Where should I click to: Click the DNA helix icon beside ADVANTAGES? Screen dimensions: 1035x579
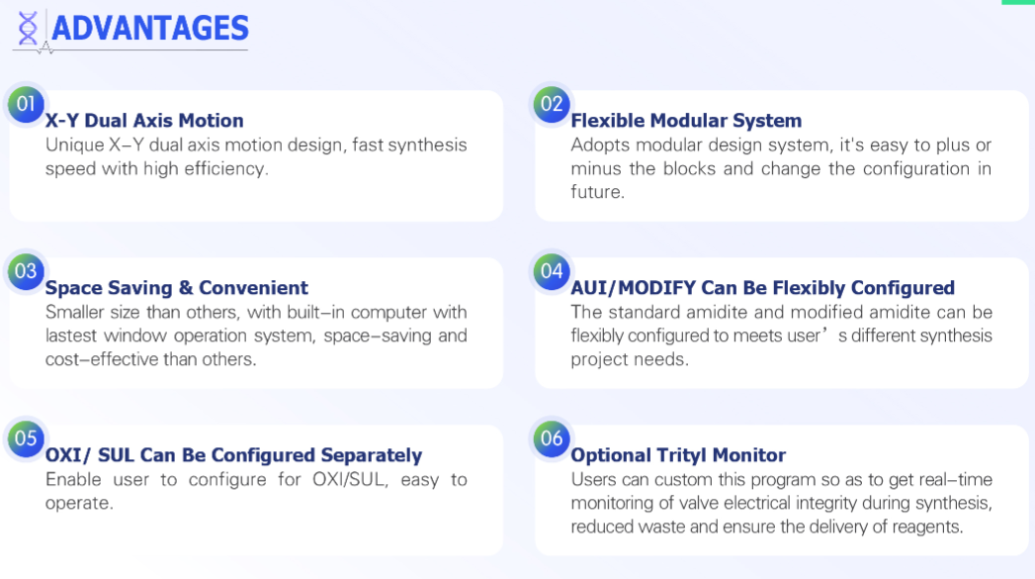click(x=28, y=29)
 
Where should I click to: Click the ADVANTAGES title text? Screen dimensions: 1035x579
click(x=150, y=29)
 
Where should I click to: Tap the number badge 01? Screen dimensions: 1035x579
click(x=26, y=105)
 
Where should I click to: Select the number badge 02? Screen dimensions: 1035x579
click(x=552, y=105)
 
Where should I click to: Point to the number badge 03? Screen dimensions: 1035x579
click(x=26, y=271)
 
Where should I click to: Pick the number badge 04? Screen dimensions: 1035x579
click(x=552, y=271)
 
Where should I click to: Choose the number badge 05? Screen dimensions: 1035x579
click(x=26, y=438)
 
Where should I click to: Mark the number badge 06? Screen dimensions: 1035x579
click(x=552, y=438)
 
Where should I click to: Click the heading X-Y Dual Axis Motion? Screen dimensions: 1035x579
click(x=144, y=121)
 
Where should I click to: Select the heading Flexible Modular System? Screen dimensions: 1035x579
click(x=686, y=121)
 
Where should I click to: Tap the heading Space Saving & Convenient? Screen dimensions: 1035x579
click(x=176, y=287)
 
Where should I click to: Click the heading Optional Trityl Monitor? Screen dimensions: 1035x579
click(x=678, y=454)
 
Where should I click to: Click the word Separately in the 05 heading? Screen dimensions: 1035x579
click(x=371, y=454)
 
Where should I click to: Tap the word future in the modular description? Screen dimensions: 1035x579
click(x=597, y=192)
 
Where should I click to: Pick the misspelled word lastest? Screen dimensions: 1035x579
click(x=70, y=336)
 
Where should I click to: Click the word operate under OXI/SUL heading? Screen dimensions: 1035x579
click(x=79, y=503)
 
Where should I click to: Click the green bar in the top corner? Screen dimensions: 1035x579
click(x=1018, y=2)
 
